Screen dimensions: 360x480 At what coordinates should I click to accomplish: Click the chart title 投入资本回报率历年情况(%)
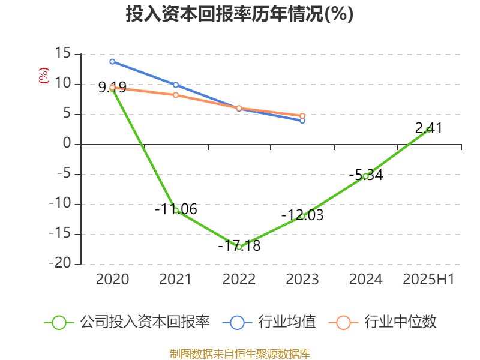click(239, 14)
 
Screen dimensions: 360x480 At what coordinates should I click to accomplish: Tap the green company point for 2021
click(176, 210)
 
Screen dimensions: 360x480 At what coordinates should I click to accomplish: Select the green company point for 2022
click(239, 247)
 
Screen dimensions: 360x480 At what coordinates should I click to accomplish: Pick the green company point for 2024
click(365, 176)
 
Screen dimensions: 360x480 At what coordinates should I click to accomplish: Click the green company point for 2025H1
click(428, 130)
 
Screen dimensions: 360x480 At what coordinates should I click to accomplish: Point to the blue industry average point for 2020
click(112, 61)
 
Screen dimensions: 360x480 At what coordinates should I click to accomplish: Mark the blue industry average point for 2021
click(176, 85)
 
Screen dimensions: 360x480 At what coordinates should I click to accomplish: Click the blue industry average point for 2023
click(302, 121)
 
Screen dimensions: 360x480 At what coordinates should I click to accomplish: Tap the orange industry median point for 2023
click(302, 116)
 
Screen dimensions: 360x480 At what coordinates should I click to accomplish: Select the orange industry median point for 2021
click(176, 95)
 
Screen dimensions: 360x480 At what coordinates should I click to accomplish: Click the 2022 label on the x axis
click(239, 279)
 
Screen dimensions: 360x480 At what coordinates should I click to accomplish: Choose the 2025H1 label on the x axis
click(428, 279)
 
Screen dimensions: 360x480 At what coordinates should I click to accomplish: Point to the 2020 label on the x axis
click(112, 279)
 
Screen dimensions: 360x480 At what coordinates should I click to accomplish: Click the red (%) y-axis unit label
click(43, 76)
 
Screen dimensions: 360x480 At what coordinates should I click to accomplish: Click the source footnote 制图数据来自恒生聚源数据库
click(239, 353)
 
